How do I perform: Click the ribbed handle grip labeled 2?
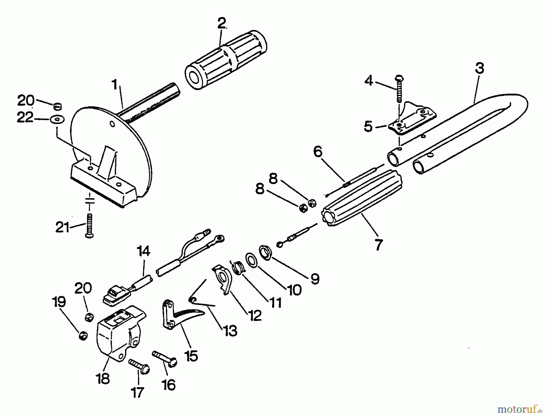pyautogui.click(x=226, y=61)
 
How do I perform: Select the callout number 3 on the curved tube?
pyautogui.click(x=480, y=68)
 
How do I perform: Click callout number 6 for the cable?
pyautogui.click(x=318, y=152)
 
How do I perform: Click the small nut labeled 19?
pyautogui.click(x=83, y=336)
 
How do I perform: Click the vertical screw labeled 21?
pyautogui.click(x=89, y=226)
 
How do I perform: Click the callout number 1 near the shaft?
pyautogui.click(x=114, y=85)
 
